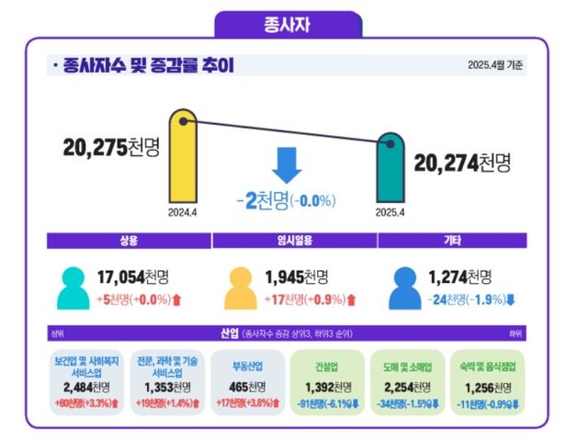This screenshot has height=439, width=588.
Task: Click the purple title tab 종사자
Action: coord(287,24)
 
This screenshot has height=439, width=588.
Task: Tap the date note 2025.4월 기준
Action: coord(497,65)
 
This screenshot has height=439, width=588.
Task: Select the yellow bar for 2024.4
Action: coord(181,161)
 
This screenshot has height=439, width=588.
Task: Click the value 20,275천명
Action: coord(110,147)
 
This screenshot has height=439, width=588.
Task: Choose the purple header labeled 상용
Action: coord(129,241)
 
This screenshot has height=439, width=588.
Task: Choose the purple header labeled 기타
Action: coord(452,241)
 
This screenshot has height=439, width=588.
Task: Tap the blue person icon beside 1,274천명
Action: coord(404,287)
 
